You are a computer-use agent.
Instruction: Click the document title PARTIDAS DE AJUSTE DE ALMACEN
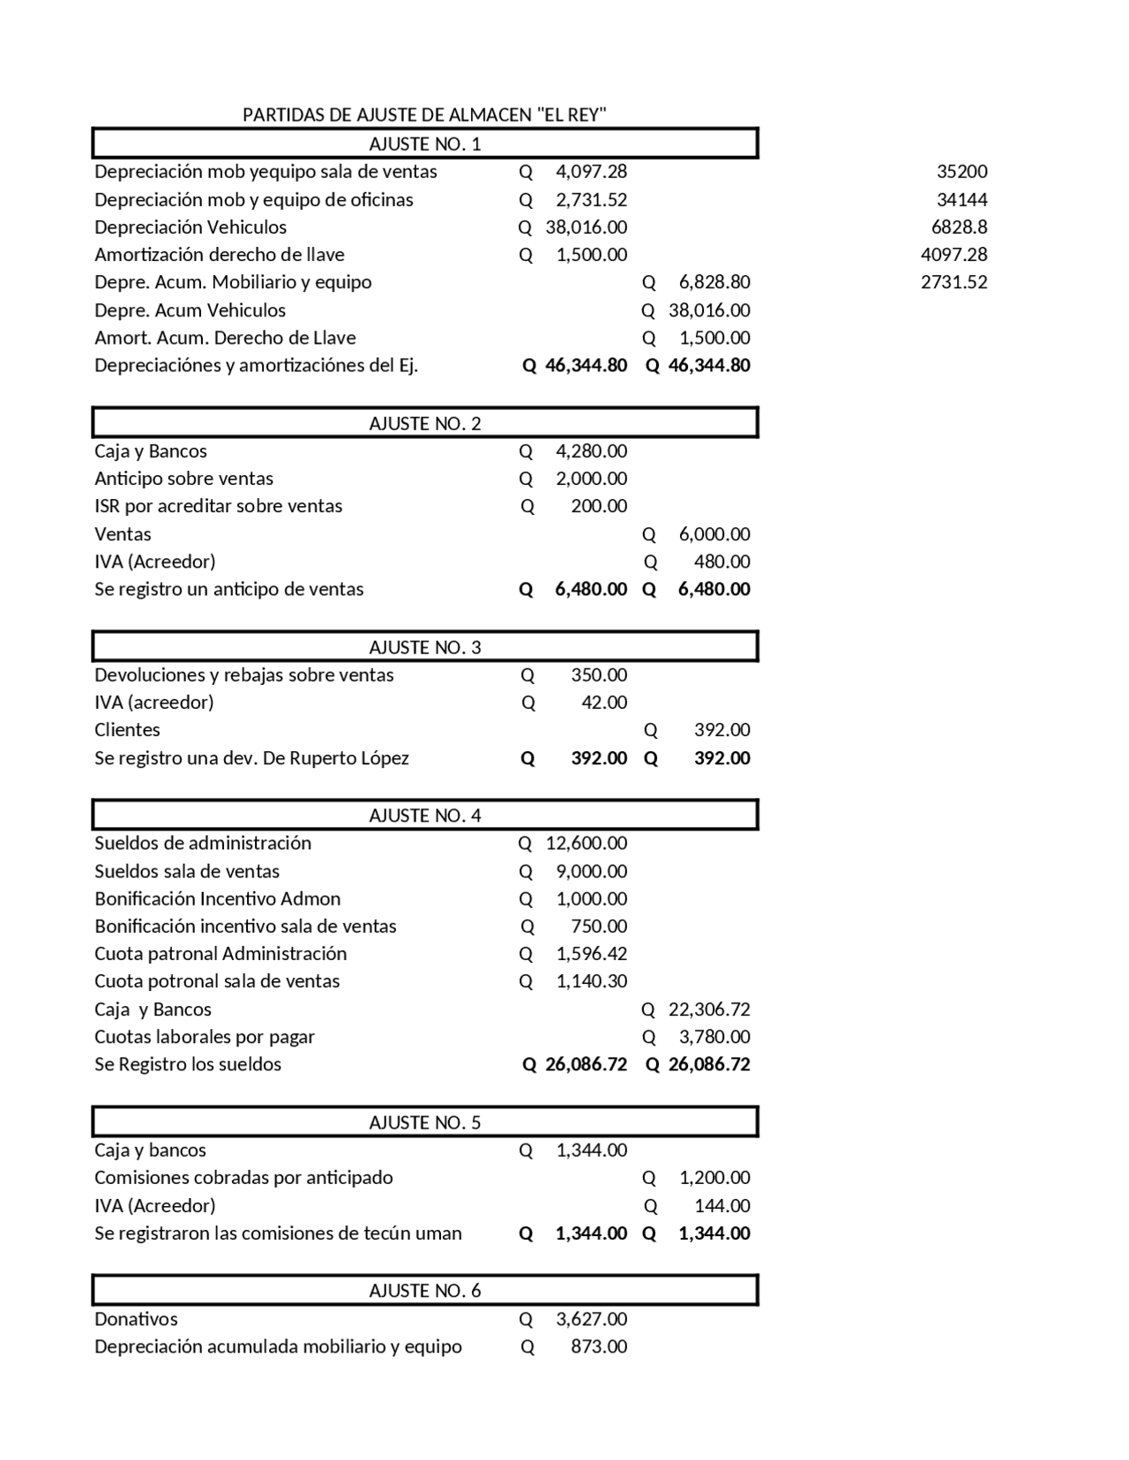click(424, 115)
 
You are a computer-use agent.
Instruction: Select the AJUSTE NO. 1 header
click(424, 144)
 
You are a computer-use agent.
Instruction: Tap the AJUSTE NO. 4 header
click(424, 816)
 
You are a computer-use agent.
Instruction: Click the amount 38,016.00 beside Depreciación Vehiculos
click(586, 227)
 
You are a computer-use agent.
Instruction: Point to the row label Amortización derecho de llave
click(220, 255)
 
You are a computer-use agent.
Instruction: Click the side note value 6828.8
click(959, 227)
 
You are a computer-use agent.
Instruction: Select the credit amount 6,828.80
click(714, 282)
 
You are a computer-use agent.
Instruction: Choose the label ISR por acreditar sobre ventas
click(218, 506)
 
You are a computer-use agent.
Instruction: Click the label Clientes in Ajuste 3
click(127, 730)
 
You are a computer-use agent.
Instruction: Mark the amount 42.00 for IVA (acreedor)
click(604, 703)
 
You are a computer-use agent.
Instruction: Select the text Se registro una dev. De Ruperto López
click(251, 758)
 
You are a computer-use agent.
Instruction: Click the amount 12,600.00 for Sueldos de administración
click(586, 843)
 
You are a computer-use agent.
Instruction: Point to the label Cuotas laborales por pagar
click(204, 1037)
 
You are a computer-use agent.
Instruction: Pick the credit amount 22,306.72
click(709, 1009)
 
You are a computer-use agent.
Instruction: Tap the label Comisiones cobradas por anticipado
click(243, 1178)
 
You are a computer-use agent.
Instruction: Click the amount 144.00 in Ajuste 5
click(722, 1205)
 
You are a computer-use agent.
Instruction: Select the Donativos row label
click(136, 1319)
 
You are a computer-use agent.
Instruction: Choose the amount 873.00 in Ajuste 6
click(599, 1346)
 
